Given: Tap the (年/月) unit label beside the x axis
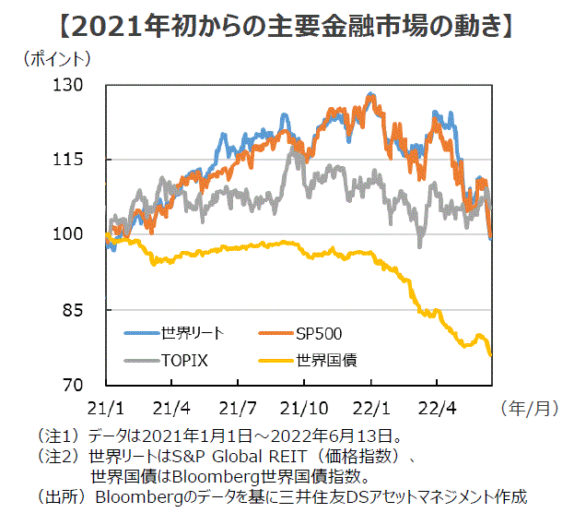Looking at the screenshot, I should tap(533, 406).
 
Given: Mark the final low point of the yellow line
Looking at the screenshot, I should tap(490, 354).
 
